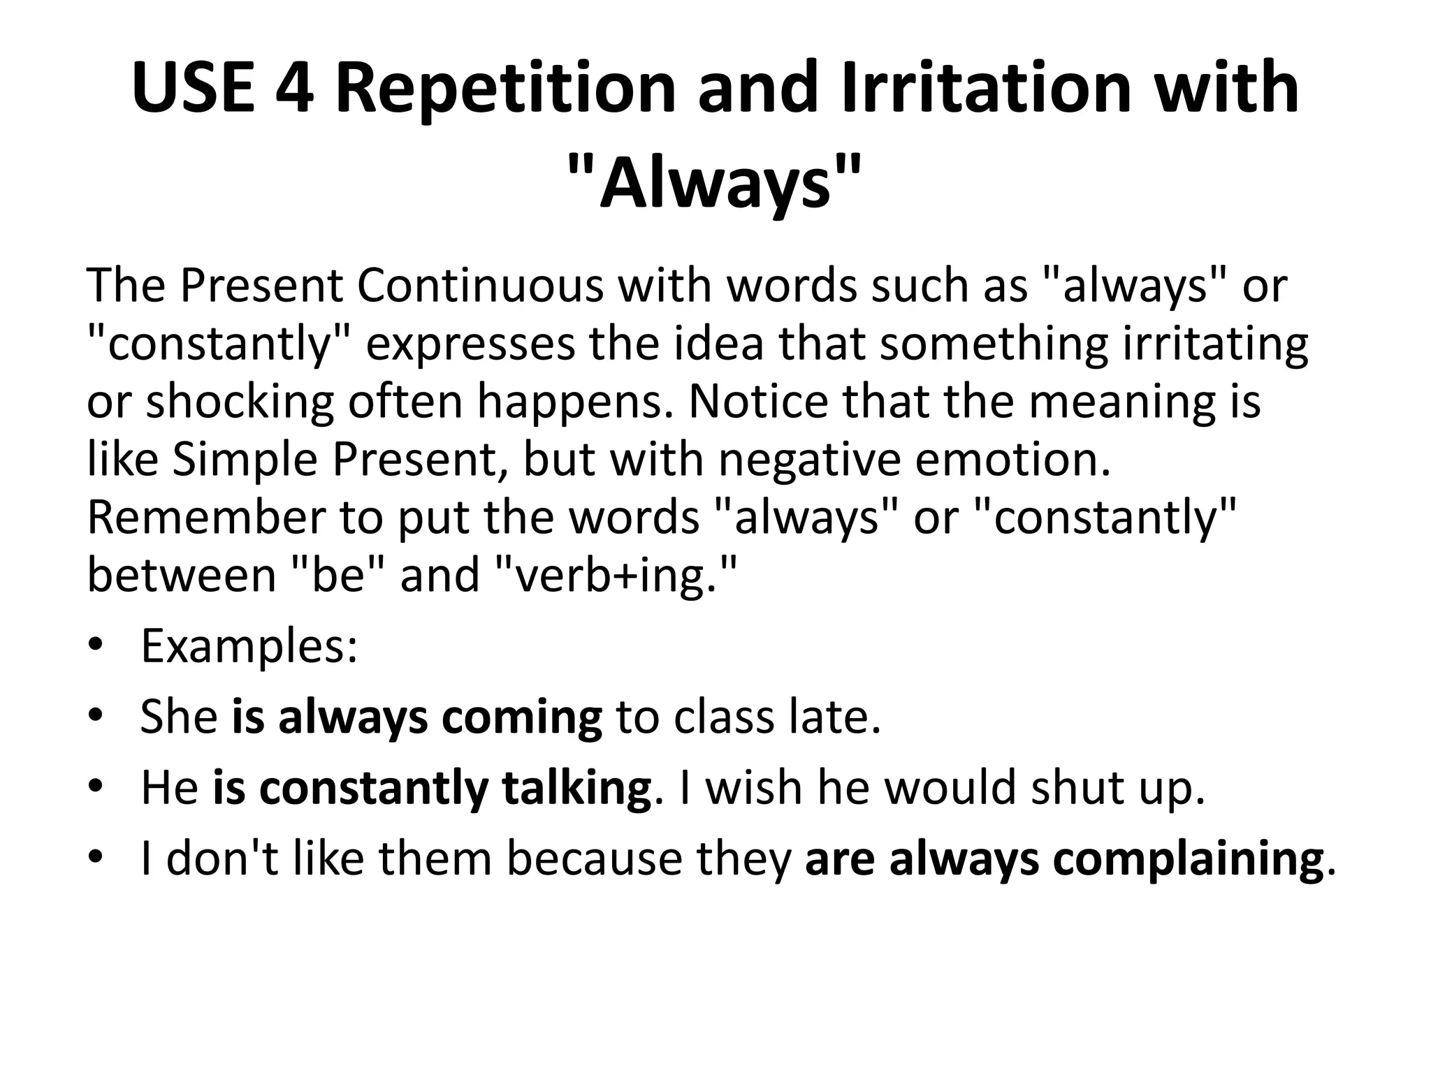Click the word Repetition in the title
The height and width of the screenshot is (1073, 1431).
coord(505,88)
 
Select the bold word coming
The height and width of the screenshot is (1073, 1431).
coord(521,717)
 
